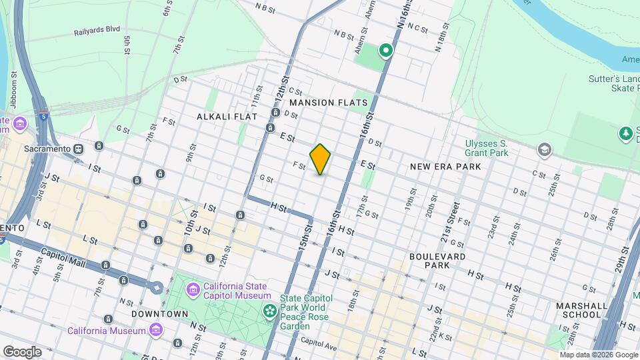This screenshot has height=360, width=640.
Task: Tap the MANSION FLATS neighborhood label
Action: pos(329,103)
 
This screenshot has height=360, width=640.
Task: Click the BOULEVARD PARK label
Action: pos(437,260)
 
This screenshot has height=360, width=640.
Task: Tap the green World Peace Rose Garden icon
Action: pos(269,311)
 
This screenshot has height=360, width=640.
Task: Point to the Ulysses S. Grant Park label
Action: pos(487,148)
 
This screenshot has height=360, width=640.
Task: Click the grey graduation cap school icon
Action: pos(545,149)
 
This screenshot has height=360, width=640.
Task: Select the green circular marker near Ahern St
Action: pos(385,50)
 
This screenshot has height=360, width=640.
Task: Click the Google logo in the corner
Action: pos(22,351)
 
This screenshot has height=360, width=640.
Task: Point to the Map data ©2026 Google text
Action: pos(599,355)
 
